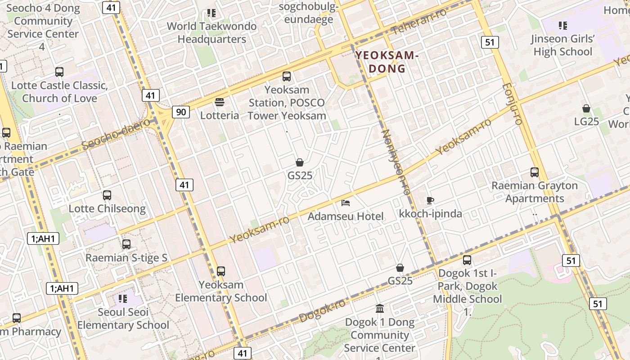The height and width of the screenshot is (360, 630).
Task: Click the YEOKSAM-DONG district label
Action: coord(387,62)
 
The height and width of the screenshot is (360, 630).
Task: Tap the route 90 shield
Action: coord(180,112)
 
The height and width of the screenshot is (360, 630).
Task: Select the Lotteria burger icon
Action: coord(220,102)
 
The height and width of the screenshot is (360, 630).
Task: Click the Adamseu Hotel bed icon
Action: coord(346,203)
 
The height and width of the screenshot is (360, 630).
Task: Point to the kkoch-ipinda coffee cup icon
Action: coord(430,200)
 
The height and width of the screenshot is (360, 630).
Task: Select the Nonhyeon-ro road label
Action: coord(396,162)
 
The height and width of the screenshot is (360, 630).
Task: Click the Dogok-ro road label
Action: coord(322,310)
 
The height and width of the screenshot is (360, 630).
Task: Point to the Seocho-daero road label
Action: coord(116,134)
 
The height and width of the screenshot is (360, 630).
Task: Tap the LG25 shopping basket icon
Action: coord(586,108)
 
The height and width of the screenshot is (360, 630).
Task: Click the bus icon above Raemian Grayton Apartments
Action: coord(535,172)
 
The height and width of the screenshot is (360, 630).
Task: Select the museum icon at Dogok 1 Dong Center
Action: coord(380,309)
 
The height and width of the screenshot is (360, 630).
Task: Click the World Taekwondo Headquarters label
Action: coord(211,32)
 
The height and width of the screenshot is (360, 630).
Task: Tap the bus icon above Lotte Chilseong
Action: coord(107,195)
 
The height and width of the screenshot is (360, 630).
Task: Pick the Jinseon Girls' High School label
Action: coord(562,45)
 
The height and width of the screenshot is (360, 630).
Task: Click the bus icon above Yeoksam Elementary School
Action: coord(221,271)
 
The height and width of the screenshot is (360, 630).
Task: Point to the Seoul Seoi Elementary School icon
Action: coord(123,299)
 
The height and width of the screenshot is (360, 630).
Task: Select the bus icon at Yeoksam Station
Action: coord(287,76)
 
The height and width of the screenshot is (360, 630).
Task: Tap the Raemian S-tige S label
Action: coord(126,258)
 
